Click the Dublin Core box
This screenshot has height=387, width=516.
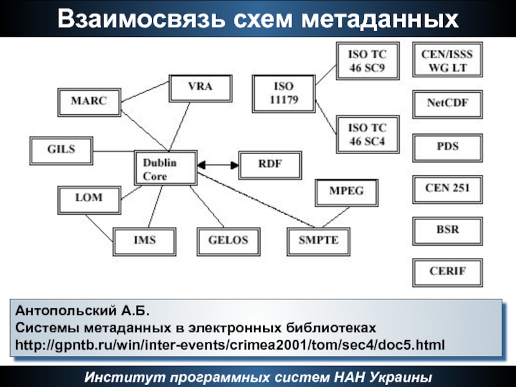(x=165, y=169)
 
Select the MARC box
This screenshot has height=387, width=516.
(x=88, y=101)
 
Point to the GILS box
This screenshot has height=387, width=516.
(x=61, y=150)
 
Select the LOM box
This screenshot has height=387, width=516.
(x=89, y=198)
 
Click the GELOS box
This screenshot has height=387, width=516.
(x=228, y=241)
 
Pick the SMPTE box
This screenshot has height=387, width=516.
(x=318, y=241)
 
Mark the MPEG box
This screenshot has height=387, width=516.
(x=347, y=192)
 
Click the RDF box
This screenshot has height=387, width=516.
(x=270, y=164)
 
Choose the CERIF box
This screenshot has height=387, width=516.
(x=447, y=271)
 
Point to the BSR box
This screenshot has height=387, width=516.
(x=447, y=229)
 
